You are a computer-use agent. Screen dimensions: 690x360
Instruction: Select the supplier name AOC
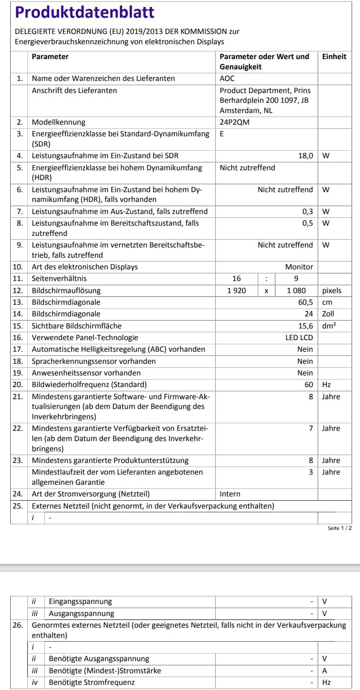tap(227, 79)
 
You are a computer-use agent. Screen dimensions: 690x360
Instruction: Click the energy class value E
tap(222, 134)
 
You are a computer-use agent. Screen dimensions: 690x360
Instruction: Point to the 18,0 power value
tap(306, 156)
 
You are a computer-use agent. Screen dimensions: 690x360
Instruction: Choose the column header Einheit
tap(334, 57)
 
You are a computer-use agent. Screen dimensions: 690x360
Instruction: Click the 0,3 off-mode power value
tap(307, 212)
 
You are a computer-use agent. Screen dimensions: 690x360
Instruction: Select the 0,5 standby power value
tap(307, 223)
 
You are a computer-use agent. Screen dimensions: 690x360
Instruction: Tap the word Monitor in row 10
tap(299, 267)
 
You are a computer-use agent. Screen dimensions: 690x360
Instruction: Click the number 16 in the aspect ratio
tap(237, 279)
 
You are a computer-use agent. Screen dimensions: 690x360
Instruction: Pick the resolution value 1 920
tap(236, 291)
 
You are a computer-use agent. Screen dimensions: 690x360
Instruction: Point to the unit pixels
tap(332, 291)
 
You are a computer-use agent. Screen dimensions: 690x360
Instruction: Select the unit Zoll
tap(328, 314)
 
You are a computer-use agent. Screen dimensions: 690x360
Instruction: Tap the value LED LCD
tap(299, 338)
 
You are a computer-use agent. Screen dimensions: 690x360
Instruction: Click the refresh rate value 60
tap(309, 385)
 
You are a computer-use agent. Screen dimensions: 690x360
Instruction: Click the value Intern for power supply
tap(230, 494)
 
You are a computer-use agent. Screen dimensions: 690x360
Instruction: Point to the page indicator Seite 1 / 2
tap(340, 529)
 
